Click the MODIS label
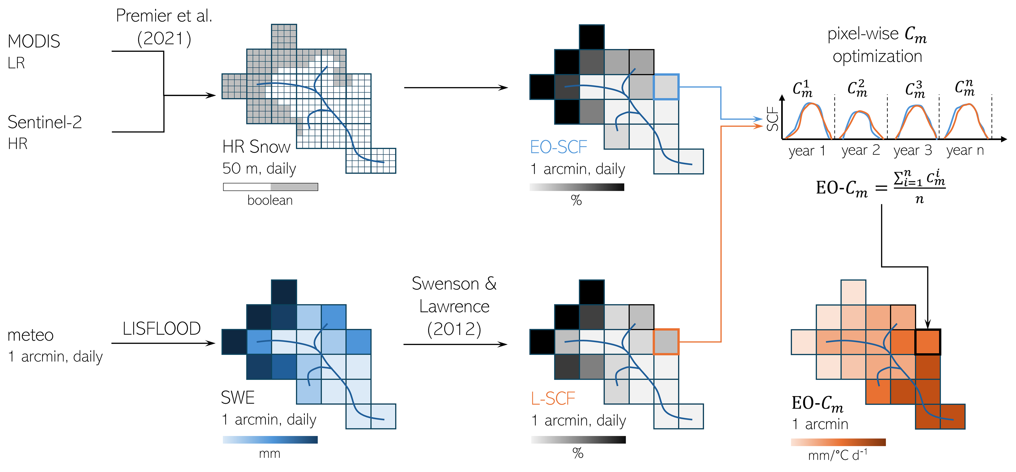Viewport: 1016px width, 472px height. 34,41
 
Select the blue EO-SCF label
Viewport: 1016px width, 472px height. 559,147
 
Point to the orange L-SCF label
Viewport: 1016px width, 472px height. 553,399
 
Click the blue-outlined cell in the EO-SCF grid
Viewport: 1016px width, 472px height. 666,87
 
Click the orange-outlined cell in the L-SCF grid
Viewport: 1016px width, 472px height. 666,342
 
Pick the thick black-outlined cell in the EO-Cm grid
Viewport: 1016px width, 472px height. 928,342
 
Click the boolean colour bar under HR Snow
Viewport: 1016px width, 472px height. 271,187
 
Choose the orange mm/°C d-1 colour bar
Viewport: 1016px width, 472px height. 838,442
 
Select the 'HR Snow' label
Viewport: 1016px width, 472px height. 256,147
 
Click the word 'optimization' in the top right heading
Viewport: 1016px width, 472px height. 877,56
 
